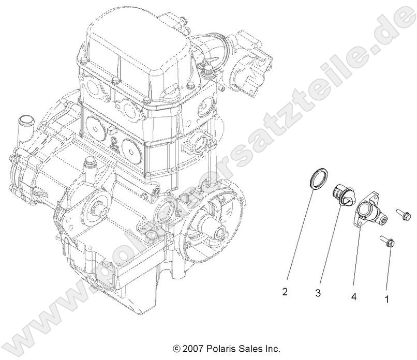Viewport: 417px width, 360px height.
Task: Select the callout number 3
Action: [318, 293]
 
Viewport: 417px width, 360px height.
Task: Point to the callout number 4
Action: [354, 297]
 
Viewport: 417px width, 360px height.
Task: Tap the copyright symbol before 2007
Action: [176, 349]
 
